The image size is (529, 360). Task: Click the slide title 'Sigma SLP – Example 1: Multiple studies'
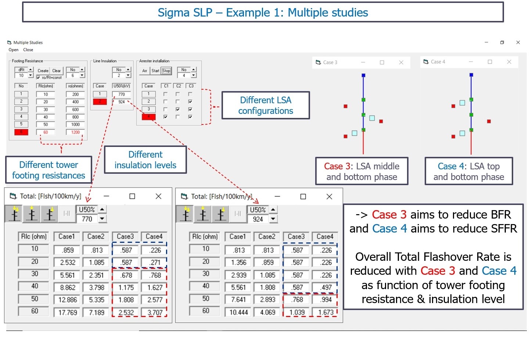point(263,12)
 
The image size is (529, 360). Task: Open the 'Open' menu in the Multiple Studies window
point(13,50)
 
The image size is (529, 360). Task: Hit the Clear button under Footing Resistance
point(57,71)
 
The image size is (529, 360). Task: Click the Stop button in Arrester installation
point(166,71)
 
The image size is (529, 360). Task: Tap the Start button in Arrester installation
point(155,71)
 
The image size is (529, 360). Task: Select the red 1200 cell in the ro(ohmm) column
point(75,132)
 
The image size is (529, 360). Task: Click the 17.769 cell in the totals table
point(68,312)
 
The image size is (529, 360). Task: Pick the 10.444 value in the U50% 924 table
point(238,312)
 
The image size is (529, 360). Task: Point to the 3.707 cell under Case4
point(155,312)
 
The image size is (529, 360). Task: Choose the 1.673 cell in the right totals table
point(326,312)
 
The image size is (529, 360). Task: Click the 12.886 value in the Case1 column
point(68,300)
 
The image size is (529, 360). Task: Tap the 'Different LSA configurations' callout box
point(266,105)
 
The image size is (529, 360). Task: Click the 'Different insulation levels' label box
point(145,160)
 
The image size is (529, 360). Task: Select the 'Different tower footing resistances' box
point(48,170)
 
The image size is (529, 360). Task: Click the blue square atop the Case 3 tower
point(363,75)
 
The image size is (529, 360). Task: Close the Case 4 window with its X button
point(509,62)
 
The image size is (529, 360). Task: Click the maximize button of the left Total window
point(132,196)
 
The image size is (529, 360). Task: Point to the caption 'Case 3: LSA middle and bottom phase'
point(361,171)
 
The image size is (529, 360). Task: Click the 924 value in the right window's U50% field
point(258,219)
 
